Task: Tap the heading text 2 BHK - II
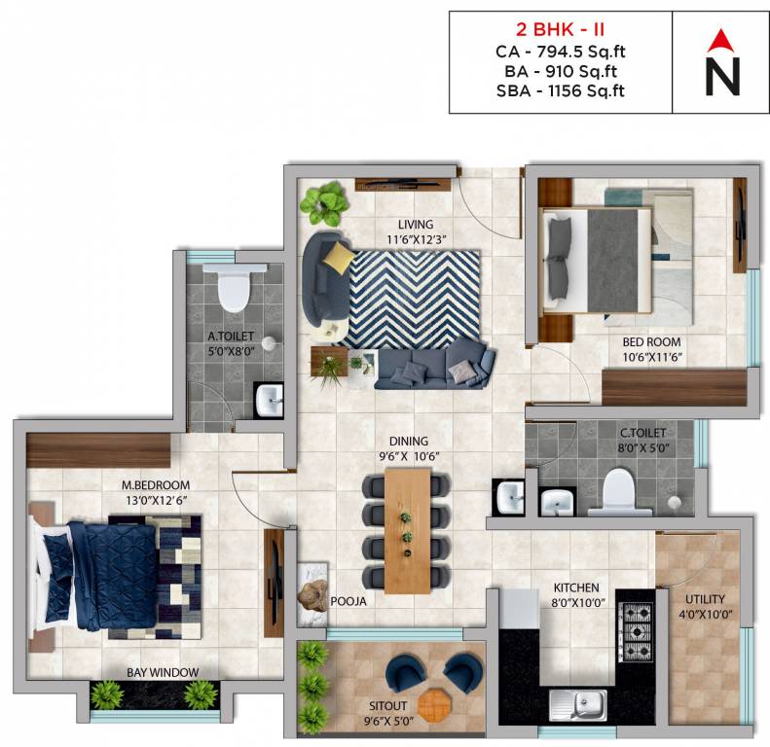point(560,28)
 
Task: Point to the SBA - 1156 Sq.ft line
point(560,90)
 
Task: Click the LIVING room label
point(408,225)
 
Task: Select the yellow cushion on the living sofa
point(339,258)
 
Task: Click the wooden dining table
point(407,529)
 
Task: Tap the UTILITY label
point(705,599)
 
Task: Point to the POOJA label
point(348,601)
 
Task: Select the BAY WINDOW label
point(163,672)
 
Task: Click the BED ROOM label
point(651,342)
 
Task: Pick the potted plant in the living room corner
point(322,201)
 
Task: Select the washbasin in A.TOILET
point(269,398)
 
